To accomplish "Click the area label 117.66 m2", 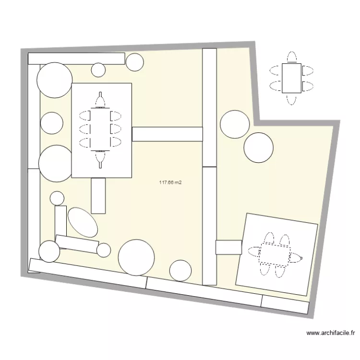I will click(x=170, y=182).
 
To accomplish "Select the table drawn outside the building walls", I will click(x=291, y=78).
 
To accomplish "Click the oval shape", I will click(x=83, y=222).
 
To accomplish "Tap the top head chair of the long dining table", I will click(x=100, y=100).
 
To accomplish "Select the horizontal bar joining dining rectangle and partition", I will click(x=167, y=134).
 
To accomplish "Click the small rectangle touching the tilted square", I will click(x=228, y=247).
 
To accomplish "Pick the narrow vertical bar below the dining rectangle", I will click(x=98, y=195).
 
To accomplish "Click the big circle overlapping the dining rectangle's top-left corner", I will click(x=55, y=80).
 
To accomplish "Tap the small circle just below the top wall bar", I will click(x=98, y=70).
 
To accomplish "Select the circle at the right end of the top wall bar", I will click(x=134, y=61).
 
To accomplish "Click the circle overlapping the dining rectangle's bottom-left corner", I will click(x=56, y=164).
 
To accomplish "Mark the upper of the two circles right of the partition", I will click(x=235, y=124).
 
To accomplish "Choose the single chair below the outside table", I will click(x=291, y=98).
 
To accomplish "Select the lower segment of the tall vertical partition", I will click(x=209, y=226).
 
